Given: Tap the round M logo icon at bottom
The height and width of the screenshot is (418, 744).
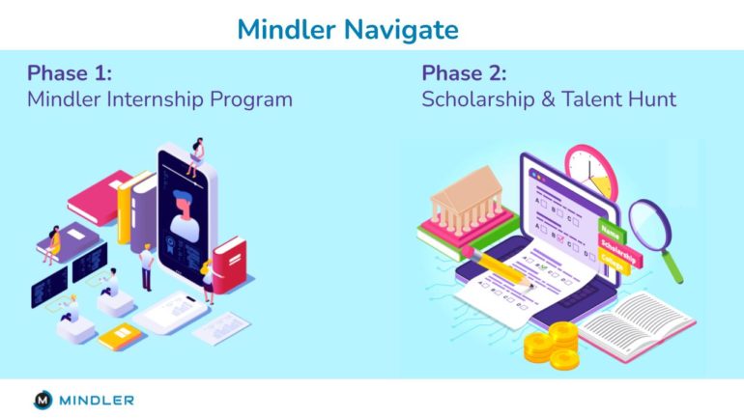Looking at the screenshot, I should click(x=43, y=399).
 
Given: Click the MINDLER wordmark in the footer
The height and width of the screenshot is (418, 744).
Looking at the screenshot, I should click(x=96, y=399).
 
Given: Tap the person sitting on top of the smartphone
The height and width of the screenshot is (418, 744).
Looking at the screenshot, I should click(x=198, y=153).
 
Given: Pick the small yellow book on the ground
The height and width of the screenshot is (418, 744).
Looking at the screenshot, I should click(x=120, y=335).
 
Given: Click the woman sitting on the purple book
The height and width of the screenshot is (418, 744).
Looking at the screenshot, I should click(x=53, y=242).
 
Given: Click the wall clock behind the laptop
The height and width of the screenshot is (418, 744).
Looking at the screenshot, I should click(x=589, y=173).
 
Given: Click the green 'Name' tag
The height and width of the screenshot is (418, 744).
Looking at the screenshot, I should click(x=611, y=230).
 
